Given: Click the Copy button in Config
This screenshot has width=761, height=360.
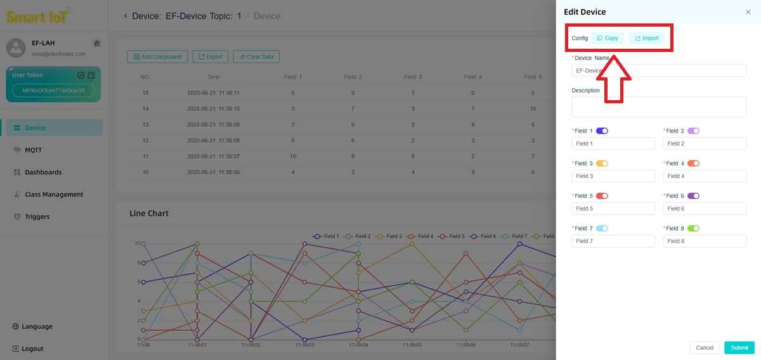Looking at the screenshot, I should (x=608, y=38).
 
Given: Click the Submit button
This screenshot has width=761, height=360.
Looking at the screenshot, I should (x=739, y=347).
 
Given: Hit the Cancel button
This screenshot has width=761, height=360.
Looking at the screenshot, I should (x=705, y=347).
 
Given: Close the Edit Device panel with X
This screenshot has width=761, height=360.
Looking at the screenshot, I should (x=748, y=12).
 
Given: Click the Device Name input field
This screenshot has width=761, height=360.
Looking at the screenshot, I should (x=659, y=70).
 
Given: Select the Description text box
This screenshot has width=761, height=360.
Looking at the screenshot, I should (x=659, y=106).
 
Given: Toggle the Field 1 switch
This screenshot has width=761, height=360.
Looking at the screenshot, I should (x=602, y=131).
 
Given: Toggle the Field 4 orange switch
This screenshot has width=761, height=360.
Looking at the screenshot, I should (x=693, y=164).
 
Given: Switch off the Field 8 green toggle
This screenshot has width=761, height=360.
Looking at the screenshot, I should (x=693, y=228).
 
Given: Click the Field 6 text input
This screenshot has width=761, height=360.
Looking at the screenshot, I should (x=705, y=209).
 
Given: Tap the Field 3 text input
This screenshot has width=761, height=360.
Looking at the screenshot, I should (x=613, y=176).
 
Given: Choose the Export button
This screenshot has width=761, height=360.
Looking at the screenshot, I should (x=211, y=57).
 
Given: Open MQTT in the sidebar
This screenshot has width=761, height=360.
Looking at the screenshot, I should (x=33, y=150).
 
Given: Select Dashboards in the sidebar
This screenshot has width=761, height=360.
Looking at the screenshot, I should (x=42, y=172).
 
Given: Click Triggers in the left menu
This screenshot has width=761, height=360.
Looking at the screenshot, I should (x=37, y=217).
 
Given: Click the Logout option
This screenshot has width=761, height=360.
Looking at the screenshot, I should (x=32, y=349).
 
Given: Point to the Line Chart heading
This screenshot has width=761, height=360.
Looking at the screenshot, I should (x=149, y=214).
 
